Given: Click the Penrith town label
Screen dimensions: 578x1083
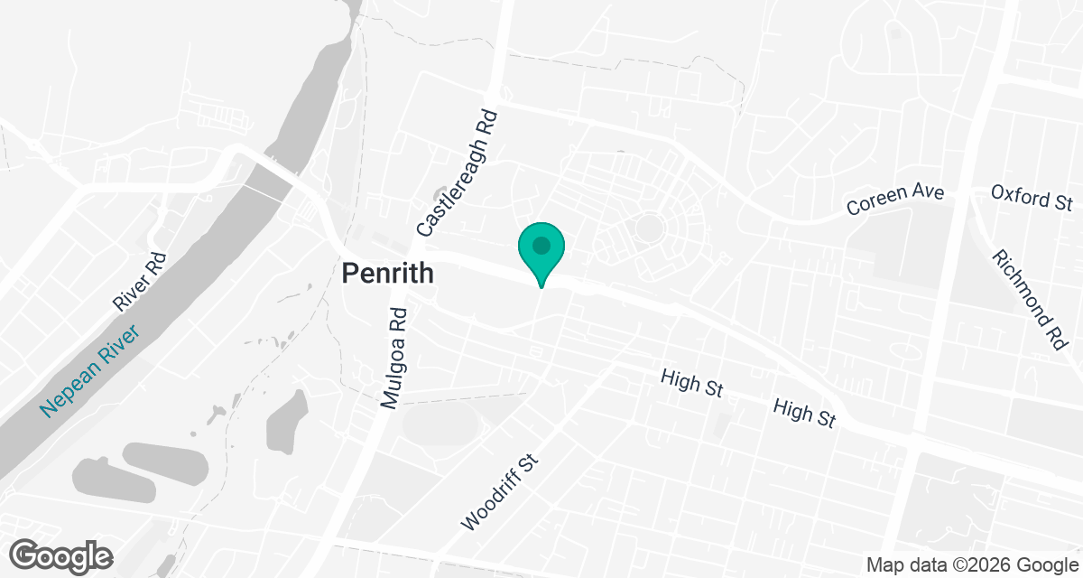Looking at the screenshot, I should (x=387, y=273).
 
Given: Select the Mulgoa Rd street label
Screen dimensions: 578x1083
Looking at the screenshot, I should (x=394, y=359).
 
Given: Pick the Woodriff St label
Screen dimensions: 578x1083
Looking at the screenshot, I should (x=499, y=492).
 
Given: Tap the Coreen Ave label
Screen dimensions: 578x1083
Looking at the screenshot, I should (x=894, y=200).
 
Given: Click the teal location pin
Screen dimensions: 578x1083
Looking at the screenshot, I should (x=541, y=251).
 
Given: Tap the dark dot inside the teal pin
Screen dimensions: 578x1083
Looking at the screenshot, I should (x=541, y=245).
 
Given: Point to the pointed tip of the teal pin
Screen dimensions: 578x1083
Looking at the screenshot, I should (x=541, y=287).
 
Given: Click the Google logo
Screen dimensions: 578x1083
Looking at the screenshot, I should (x=62, y=555).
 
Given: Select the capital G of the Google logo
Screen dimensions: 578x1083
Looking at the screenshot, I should (x=28, y=554).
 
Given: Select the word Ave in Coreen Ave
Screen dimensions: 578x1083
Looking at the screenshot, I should (x=927, y=194).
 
